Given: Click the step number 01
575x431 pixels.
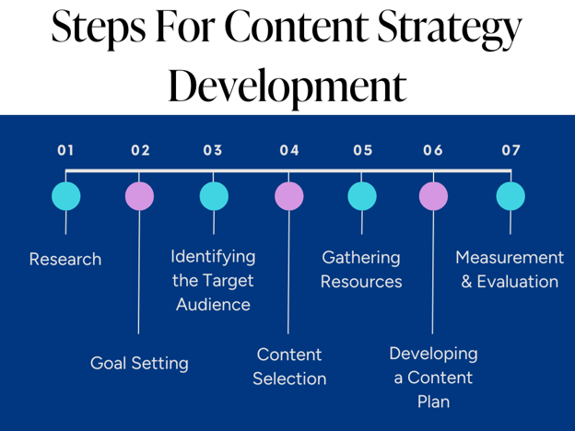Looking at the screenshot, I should tap(65, 150).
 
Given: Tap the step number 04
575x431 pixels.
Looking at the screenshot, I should tap(289, 150).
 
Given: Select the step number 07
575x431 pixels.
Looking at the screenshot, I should tap(510, 150).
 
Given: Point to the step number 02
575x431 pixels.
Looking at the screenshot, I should tap(140, 150).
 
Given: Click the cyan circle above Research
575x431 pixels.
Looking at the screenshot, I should tap(65, 196).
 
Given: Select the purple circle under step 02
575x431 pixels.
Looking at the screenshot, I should tap(139, 196).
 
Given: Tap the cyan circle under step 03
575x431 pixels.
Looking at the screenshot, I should tap(214, 196).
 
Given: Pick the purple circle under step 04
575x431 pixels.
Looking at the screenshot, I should tap(289, 196).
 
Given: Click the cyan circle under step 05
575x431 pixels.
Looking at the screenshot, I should tap(362, 196).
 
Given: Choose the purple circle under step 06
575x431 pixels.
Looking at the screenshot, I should tap(433, 196).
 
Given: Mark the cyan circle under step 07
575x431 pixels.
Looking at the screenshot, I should tap(510, 196).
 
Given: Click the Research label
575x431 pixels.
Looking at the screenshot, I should tap(65, 260).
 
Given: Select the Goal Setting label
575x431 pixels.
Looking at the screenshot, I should tap(139, 364).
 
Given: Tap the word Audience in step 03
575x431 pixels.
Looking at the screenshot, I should tap(213, 305).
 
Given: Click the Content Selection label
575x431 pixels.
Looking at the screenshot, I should tap(289, 367).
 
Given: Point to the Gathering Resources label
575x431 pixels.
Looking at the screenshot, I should tap(361, 270).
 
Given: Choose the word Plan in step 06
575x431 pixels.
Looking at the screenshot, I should tap(433, 402).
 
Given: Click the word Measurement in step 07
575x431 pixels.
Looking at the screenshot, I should tap(510, 258).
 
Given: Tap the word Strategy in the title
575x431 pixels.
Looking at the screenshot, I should tap(444, 29).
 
